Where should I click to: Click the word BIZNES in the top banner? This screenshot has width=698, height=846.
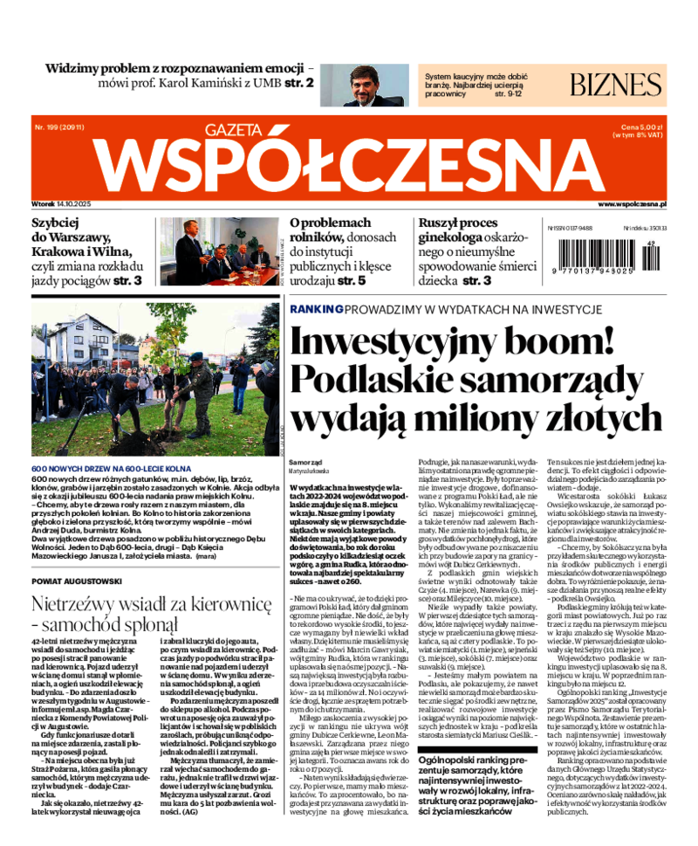(x=616, y=85)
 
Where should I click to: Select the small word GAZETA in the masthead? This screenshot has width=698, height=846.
(x=233, y=131)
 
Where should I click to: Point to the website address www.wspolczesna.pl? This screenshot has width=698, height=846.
(x=633, y=203)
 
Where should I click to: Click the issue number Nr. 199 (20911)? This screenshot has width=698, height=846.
(x=58, y=127)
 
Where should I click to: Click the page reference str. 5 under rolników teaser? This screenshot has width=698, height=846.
(x=350, y=281)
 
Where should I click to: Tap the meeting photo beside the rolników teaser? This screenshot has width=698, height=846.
(x=229, y=251)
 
